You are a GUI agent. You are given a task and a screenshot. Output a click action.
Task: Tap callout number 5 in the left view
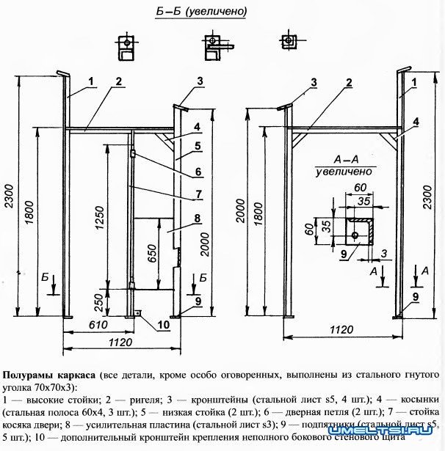pyautogui.click(x=198, y=146)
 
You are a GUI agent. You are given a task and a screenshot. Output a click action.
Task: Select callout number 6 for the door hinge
pyautogui.click(x=198, y=173)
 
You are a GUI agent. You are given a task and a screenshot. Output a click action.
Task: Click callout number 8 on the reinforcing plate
pyautogui.click(x=198, y=218)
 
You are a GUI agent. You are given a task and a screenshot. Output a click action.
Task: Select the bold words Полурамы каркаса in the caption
pyautogui.click(x=48, y=364)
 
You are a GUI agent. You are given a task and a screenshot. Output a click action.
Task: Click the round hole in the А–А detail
pyautogui.click(x=355, y=234)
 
